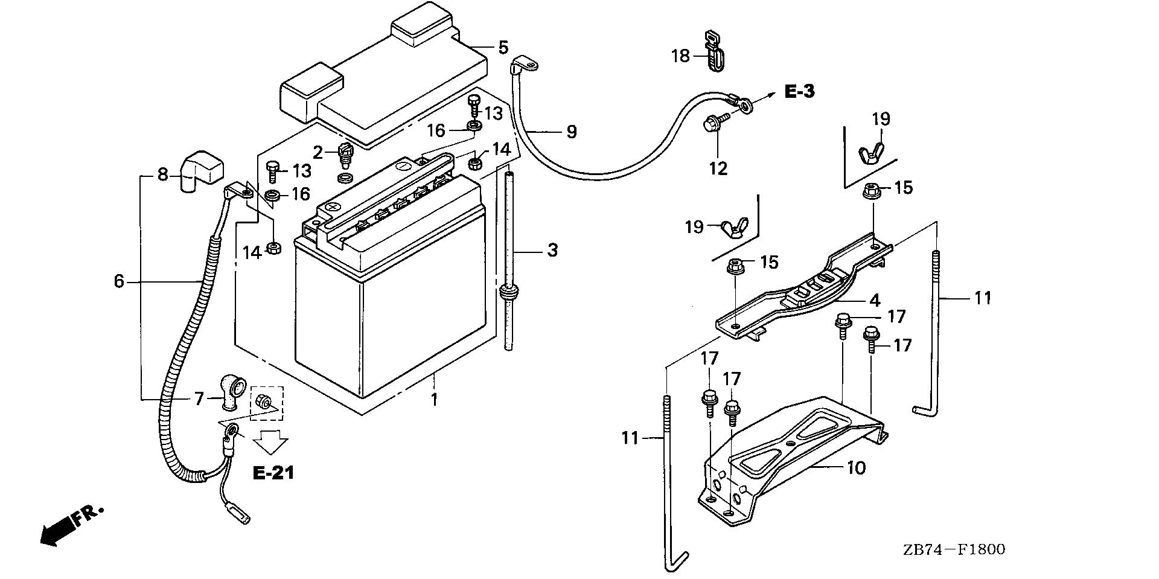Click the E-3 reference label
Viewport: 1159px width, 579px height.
799,92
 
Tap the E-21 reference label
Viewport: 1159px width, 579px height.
273,473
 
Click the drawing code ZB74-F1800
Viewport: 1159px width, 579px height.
954,549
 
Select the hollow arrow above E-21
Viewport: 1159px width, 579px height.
270,442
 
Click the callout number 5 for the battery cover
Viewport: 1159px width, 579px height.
503,47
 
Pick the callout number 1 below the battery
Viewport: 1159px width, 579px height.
433,399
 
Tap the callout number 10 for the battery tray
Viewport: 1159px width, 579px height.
856,468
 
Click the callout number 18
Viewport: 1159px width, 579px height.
680,56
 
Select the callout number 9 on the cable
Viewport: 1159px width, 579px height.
571,132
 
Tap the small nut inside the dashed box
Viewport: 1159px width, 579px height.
263,400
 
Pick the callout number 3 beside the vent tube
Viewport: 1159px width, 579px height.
552,250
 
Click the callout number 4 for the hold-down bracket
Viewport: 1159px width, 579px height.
875,300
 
